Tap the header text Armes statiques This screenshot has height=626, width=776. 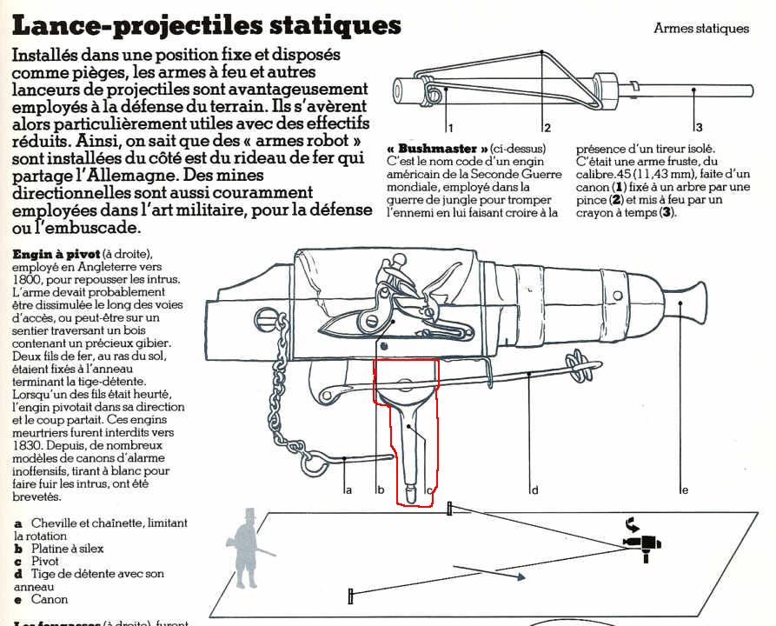coord(700,29)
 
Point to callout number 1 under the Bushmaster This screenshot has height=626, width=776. coord(451,127)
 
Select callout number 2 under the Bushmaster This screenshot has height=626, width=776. coord(547,127)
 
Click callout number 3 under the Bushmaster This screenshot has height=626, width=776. coord(698,127)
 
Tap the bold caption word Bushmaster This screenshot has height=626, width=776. coord(442,148)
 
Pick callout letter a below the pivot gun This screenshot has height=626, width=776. coord(348,490)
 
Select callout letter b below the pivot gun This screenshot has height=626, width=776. coord(380,490)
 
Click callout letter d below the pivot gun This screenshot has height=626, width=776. coord(534,490)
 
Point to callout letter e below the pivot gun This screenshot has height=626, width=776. coord(684,490)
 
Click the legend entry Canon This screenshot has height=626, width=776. coord(49,599)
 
